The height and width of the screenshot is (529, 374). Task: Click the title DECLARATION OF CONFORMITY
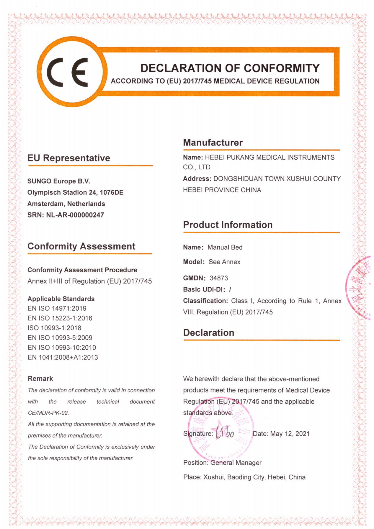pyautogui.click(x=230, y=68)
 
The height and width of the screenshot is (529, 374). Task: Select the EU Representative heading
pyautogui.click(x=68, y=158)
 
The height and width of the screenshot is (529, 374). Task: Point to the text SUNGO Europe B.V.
pyautogui.click(x=58, y=181)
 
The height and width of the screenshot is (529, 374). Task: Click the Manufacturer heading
pyautogui.click(x=213, y=143)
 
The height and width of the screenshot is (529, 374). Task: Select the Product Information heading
pyautogui.click(x=228, y=225)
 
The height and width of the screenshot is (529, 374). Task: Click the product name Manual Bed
pyautogui.click(x=225, y=247)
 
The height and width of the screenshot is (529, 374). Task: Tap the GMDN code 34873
pyautogui.click(x=219, y=278)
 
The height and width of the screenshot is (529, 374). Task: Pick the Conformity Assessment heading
pyautogui.click(x=81, y=246)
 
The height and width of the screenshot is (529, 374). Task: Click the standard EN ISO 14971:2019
pyautogui.click(x=57, y=309)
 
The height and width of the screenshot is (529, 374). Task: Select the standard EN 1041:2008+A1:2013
pyautogui.click(x=63, y=357)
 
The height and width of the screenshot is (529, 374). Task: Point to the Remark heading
pyautogui.click(x=40, y=379)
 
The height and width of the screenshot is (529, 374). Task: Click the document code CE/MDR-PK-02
pyautogui.click(x=48, y=413)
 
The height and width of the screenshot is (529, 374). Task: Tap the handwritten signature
pyautogui.click(x=225, y=433)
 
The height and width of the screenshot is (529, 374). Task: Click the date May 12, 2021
pyautogui.click(x=290, y=434)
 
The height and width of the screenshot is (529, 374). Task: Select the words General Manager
pyautogui.click(x=236, y=463)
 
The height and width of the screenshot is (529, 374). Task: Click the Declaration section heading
pyautogui.click(x=208, y=333)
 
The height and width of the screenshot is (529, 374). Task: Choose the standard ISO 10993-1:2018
pyautogui.click(x=54, y=328)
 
